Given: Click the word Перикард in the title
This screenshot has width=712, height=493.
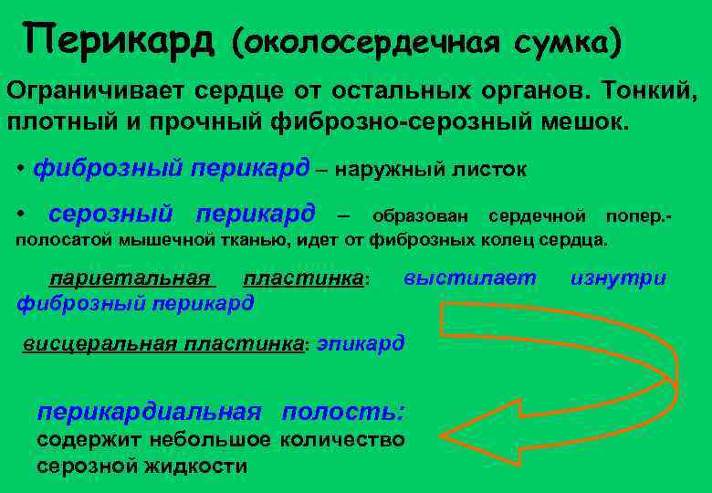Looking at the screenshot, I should click(x=119, y=38).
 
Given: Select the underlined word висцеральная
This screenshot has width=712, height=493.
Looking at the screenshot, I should click(x=100, y=345).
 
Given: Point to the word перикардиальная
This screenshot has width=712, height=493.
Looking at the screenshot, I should click(x=149, y=412).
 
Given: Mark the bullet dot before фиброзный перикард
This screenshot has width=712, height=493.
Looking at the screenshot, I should click(x=21, y=170).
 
